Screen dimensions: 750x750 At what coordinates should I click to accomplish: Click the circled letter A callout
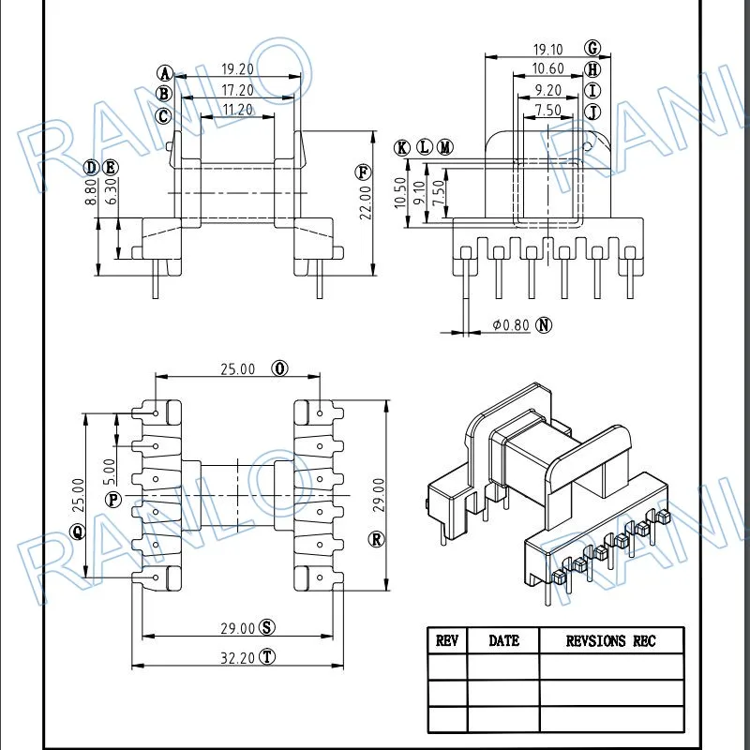[x=165, y=74]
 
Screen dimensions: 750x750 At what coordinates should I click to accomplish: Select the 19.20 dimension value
[x=238, y=69]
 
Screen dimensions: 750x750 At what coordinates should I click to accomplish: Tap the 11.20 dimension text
[x=238, y=110]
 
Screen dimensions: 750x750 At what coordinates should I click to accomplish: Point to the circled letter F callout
[x=363, y=172]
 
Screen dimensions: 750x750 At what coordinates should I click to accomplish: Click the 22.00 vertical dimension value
[x=366, y=202]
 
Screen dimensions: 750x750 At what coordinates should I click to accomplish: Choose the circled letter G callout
[x=592, y=49]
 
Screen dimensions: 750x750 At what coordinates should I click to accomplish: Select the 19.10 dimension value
[x=548, y=50]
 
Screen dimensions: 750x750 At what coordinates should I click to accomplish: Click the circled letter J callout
[x=592, y=112]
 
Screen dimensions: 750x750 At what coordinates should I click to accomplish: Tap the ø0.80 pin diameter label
[x=511, y=325]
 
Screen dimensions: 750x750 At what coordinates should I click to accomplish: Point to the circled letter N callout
[x=544, y=325]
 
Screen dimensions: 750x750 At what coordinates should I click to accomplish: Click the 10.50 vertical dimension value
[x=400, y=193]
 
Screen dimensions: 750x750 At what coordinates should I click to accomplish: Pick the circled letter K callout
[x=402, y=148]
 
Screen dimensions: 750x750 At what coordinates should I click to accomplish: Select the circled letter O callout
[x=279, y=368]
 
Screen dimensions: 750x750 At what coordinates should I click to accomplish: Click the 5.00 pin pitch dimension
[x=109, y=472]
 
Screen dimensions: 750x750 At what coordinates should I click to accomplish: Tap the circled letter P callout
[x=113, y=501]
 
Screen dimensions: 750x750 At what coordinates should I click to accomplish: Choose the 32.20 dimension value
[x=238, y=658]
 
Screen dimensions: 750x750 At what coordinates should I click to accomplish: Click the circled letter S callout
[x=267, y=627]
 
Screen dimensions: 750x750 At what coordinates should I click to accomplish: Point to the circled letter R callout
[x=377, y=540]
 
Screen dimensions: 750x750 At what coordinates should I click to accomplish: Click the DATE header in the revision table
[x=503, y=641]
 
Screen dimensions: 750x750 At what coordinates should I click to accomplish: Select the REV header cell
[x=447, y=641]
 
